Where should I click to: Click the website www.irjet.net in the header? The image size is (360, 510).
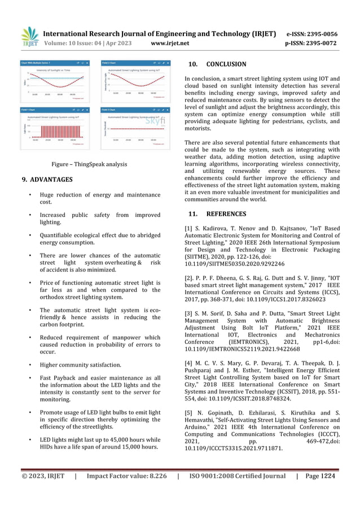[173, 42]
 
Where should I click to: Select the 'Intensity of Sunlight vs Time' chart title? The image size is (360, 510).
[52, 69]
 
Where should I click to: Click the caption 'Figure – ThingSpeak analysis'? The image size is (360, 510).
[90, 164]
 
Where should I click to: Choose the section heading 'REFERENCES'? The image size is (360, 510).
[226, 214]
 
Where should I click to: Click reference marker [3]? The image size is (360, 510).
[189, 313]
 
